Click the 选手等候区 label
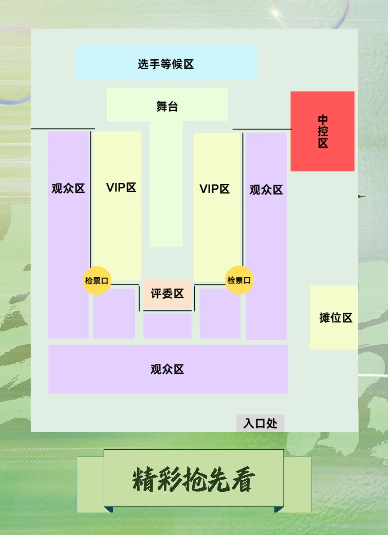pyautogui.click(x=166, y=64)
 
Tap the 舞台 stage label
pyautogui.click(x=167, y=106)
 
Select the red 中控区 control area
pyautogui.click(x=322, y=131)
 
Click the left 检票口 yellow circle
pyautogui.click(x=96, y=281)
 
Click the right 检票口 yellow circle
pyautogui.click(x=239, y=280)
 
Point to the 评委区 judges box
pyautogui.click(x=167, y=294)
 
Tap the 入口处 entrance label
pyautogui.click(x=260, y=423)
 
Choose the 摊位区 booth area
pyautogui.click(x=335, y=318)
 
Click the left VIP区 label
pyautogui.click(x=121, y=187)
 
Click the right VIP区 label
pyautogui.click(x=215, y=189)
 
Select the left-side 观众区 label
pyautogui.click(x=68, y=188)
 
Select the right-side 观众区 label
pyautogui.click(x=266, y=190)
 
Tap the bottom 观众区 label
pyautogui.click(x=167, y=369)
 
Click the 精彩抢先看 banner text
pyautogui.click(x=194, y=480)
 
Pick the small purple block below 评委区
pyautogui.click(x=167, y=326)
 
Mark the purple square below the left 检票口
pyautogui.click(x=114, y=313)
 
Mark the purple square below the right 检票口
pyautogui.click(x=220, y=313)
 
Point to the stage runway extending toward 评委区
pyautogui.click(x=166, y=187)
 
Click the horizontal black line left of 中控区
pyautogui.click(x=262, y=129)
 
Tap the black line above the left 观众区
pyautogui.click(x=63, y=128)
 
